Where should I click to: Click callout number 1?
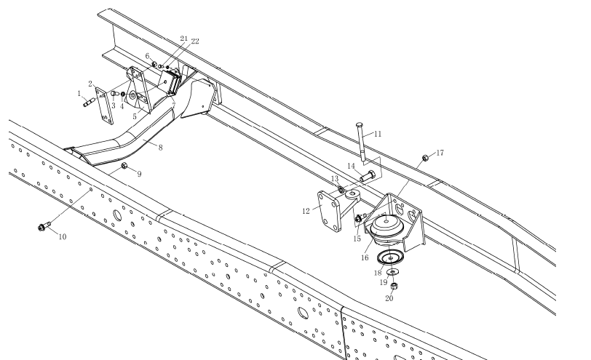coord(79,93)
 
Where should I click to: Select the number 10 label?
coord(62,236)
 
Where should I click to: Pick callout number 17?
coord(440,153)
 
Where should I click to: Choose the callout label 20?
coord(389,297)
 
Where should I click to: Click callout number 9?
coord(139,174)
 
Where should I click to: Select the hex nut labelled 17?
coord(424,157)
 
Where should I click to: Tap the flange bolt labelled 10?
coord(43,228)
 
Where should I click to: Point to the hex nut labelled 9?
coord(124,167)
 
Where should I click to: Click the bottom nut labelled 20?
coord(393,284)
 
